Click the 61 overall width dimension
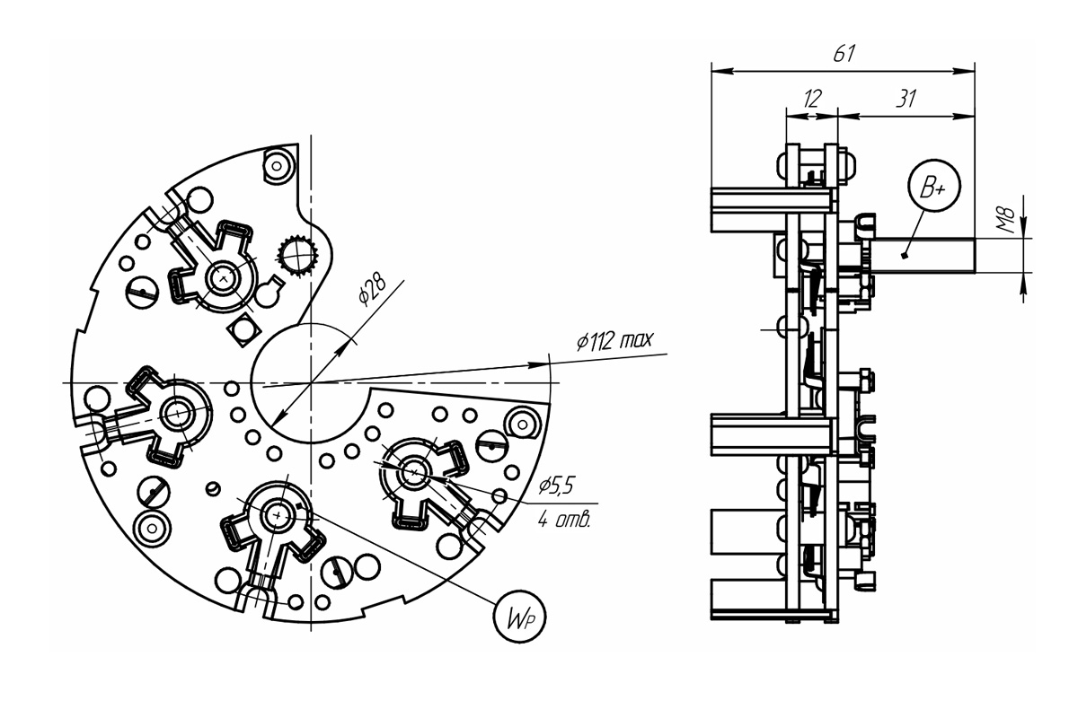pyautogui.click(x=844, y=54)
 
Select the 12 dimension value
pyautogui.click(x=812, y=99)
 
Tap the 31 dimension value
pyautogui.click(x=906, y=99)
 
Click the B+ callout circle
pyautogui.click(x=934, y=186)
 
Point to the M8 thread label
pyautogui.click(x=1006, y=220)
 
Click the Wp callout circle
pyautogui.click(x=520, y=617)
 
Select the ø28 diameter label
pyautogui.click(x=372, y=291)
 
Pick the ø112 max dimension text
pyautogui.click(x=615, y=340)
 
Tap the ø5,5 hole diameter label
pyautogui.click(x=557, y=486)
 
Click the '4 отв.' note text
pyautogui.click(x=564, y=520)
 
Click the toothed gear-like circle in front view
pyautogui.click(x=298, y=256)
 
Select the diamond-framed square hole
pyautogui.click(x=244, y=329)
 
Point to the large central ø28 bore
pyautogui.click(x=311, y=382)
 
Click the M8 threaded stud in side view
pyautogui.click(x=922, y=256)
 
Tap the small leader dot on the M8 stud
pyautogui.click(x=905, y=256)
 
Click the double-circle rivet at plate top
pyautogui.click(x=277, y=166)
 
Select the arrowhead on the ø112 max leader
pyautogui.click(x=538, y=365)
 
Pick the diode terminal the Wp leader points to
pyautogui.click(x=278, y=515)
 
